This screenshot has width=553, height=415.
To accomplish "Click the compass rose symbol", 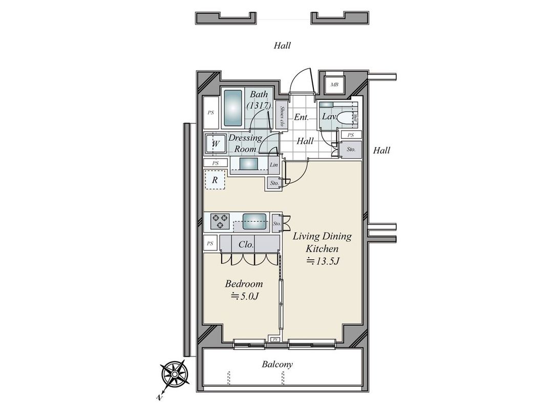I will tap(174, 375).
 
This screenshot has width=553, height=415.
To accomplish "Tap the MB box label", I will tap(334, 85).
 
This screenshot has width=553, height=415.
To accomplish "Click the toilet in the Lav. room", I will tap(348, 118).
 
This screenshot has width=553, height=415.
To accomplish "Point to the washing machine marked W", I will tap(216, 143).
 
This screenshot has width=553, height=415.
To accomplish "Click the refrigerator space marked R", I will tap(216, 180).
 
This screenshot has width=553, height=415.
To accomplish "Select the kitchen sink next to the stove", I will tap(254, 221).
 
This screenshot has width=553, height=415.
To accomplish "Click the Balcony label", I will tap(278, 365).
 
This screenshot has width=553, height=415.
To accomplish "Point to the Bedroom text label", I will tap(244, 283).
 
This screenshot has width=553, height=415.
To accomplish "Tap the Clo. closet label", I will tap(246, 245).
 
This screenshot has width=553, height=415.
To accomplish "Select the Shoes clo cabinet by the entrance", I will tap(282, 117).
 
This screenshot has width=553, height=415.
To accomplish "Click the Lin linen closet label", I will tap(274, 165).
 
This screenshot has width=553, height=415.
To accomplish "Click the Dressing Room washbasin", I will tap(249, 164).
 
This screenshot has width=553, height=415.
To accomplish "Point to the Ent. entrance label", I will tap(301, 117).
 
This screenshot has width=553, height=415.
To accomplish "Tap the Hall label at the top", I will tap(282, 46).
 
